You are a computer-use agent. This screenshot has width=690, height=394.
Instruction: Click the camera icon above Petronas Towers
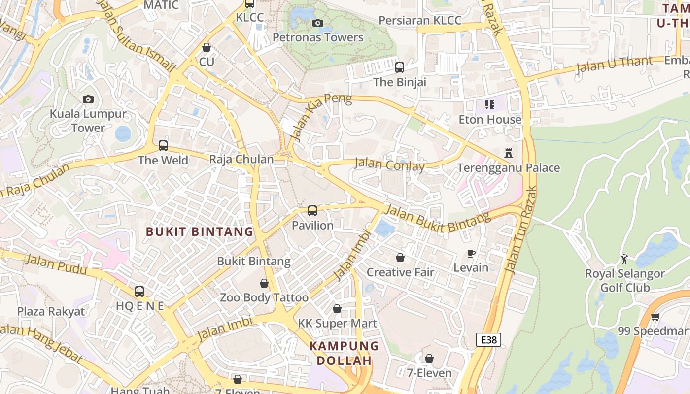[318, 23]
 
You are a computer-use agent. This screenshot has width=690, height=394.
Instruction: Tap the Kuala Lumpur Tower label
[88, 121]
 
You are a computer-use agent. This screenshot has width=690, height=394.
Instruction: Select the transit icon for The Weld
[163, 146]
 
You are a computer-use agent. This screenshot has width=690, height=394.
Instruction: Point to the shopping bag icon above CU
[207, 48]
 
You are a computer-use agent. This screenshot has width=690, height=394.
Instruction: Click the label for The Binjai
[400, 82]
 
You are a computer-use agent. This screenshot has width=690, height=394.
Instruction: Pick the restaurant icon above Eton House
[489, 104]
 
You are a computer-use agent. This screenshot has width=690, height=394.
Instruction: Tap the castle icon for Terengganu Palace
[509, 153]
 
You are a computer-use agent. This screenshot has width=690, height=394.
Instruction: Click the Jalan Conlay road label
[389, 164]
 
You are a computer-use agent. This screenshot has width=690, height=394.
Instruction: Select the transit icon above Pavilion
[312, 211]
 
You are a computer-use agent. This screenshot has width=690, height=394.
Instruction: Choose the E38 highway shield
[488, 339]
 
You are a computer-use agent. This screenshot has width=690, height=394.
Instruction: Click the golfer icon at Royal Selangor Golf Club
[625, 259]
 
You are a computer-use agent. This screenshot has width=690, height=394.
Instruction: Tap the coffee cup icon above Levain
[471, 254]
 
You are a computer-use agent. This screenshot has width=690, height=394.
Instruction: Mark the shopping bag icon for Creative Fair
[400, 258]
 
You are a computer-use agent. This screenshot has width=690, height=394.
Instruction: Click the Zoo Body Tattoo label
[264, 297]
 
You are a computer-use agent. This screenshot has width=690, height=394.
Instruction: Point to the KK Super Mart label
[337, 323]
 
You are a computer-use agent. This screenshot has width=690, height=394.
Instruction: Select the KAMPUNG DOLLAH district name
[344, 353]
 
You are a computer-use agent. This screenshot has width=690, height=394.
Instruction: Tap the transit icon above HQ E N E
[139, 291]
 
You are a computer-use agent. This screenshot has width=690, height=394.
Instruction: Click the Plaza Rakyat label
[51, 311]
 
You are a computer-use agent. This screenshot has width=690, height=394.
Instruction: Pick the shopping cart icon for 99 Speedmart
[655, 317]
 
